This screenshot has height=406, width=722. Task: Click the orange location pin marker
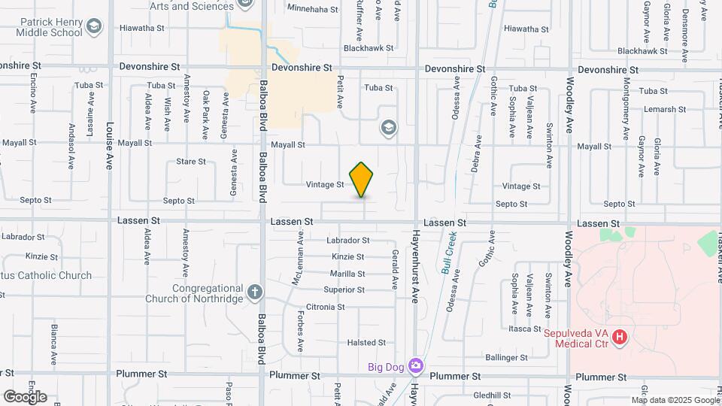click(x=362, y=180)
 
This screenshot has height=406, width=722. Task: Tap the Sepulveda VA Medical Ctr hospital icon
click(x=620, y=338)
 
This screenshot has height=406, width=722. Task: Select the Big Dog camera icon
click(x=416, y=366)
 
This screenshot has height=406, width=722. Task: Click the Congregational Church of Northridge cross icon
click(x=255, y=291)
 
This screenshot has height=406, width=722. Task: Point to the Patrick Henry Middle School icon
click(x=93, y=28)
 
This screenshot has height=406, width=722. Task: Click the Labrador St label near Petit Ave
click(x=347, y=241)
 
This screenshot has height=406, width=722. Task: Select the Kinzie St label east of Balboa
click(x=347, y=257)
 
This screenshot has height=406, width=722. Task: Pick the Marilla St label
click(x=347, y=274)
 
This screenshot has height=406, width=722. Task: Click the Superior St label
click(x=344, y=290)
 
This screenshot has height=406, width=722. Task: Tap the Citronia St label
click(x=325, y=307)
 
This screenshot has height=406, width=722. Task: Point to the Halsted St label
click(x=366, y=343)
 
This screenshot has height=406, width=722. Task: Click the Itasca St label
click(x=525, y=329)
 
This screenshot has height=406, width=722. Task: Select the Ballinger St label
click(x=507, y=356)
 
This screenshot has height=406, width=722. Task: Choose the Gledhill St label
click(x=493, y=395)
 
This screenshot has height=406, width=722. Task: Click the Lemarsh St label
click(x=666, y=109)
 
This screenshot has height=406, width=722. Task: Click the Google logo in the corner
click(x=25, y=396)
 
